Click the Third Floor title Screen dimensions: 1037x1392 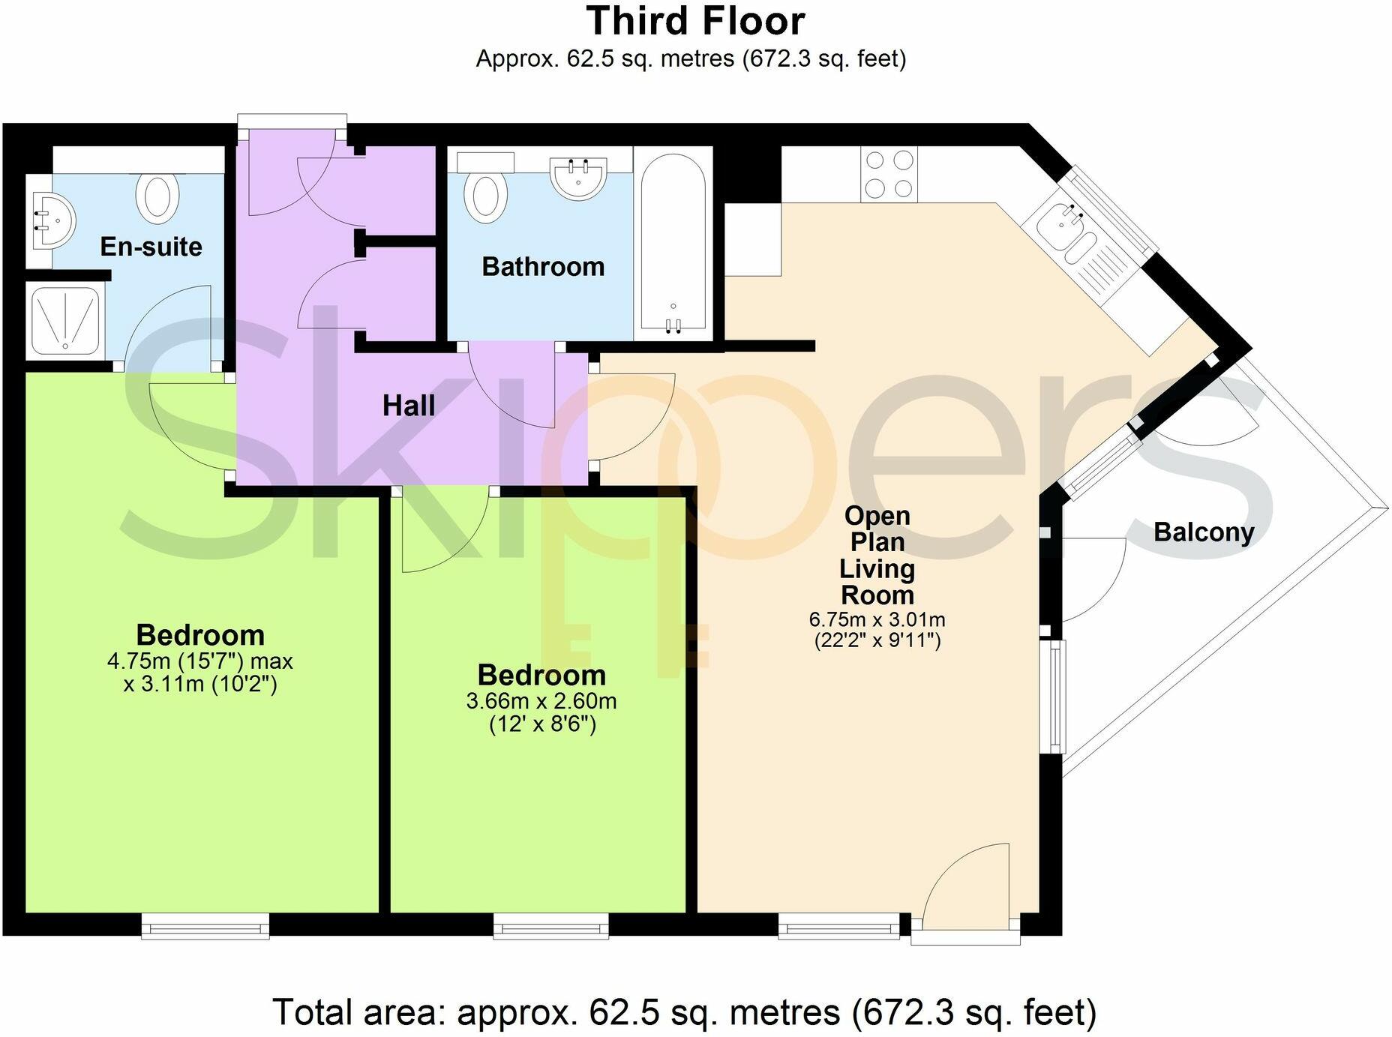[695, 21]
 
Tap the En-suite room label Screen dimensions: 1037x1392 [151, 247]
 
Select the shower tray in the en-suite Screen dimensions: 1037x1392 [65, 319]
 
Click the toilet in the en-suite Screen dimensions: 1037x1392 [157, 196]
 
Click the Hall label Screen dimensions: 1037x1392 [409, 406]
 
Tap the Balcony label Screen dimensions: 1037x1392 [1203, 532]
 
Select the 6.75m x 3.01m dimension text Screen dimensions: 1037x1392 [877, 620]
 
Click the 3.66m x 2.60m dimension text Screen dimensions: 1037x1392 [541, 702]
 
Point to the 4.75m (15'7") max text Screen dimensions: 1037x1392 [200, 661]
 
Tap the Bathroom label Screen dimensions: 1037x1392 [543, 267]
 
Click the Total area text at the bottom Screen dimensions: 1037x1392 [683, 1012]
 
